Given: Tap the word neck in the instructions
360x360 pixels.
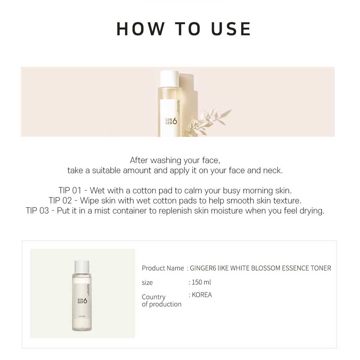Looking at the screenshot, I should point(274,170).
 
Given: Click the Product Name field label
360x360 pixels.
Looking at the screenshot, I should point(163,268).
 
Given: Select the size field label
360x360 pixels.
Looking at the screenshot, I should point(147,283).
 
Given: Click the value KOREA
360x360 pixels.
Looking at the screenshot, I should point(202,295).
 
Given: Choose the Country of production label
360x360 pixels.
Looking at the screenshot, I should point(161,301).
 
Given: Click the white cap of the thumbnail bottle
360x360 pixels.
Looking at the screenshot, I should point(82,266).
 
